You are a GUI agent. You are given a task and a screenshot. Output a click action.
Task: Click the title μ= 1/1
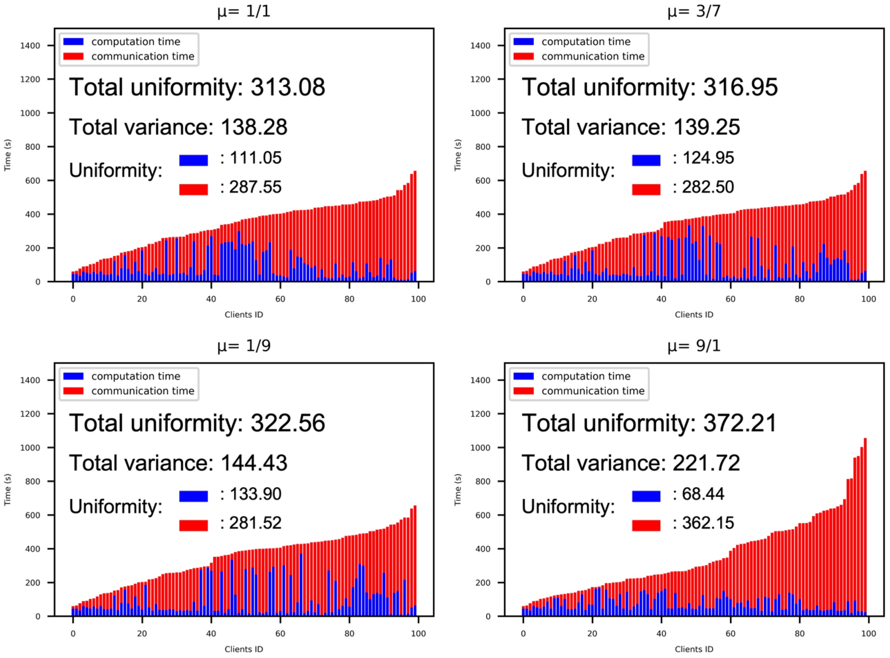click(244, 11)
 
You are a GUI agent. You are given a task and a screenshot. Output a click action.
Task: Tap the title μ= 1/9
click(244, 346)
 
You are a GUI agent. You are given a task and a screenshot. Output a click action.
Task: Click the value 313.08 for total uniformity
click(288, 87)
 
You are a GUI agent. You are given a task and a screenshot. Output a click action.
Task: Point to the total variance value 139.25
click(706, 128)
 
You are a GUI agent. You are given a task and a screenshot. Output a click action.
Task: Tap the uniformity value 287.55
click(255, 187)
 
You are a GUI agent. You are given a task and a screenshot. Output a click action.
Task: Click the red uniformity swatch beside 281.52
click(193, 525)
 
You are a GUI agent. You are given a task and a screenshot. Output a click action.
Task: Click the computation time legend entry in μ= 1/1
click(136, 42)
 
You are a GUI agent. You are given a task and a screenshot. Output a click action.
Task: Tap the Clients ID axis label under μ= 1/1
click(244, 315)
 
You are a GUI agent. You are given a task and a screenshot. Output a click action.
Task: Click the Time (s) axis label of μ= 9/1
click(458, 490)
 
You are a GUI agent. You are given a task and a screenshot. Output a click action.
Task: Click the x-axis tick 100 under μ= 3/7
click(868, 299)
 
